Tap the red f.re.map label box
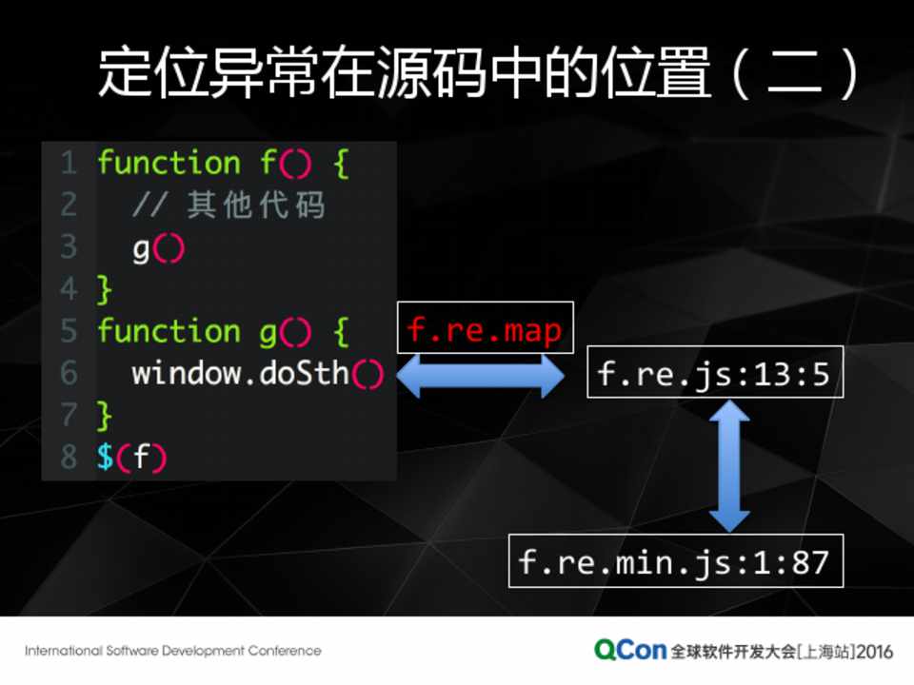click(x=485, y=328)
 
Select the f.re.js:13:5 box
click(x=714, y=372)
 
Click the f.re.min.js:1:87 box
click(x=675, y=560)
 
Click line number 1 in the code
click(x=69, y=164)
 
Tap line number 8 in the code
click(x=69, y=457)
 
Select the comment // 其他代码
click(x=228, y=205)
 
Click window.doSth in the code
click(x=240, y=373)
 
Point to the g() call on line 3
click(x=158, y=248)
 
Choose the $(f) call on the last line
click(x=131, y=457)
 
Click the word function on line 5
click(x=169, y=331)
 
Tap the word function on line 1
click(x=169, y=164)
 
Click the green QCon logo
click(x=630, y=650)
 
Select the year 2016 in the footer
click(x=874, y=652)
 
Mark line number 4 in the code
click(x=69, y=288)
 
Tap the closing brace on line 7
click(x=104, y=415)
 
